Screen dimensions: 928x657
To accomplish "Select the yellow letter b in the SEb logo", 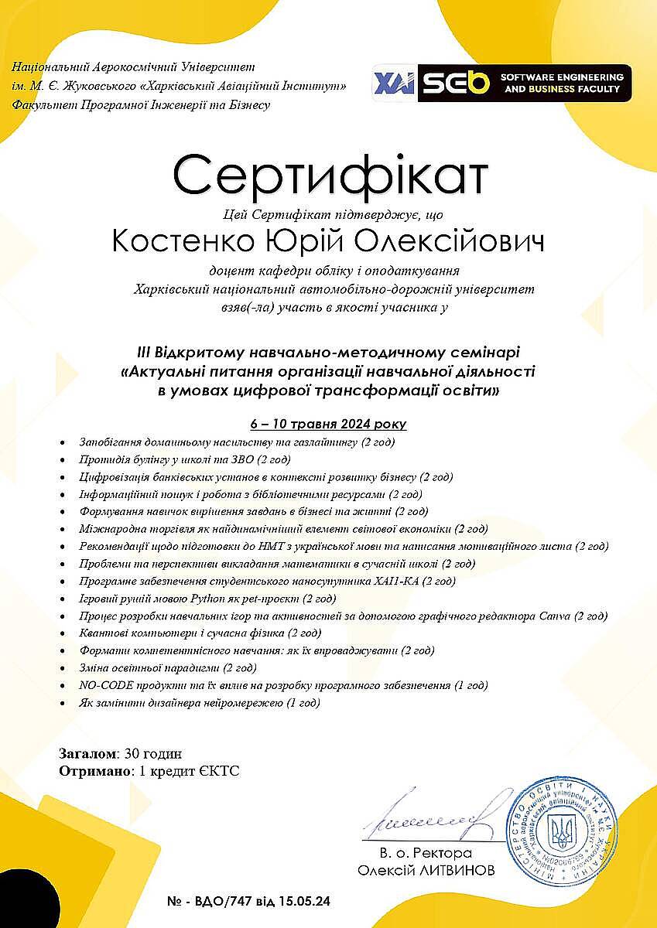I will [479, 83].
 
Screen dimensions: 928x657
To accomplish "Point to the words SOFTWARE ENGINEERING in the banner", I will [562, 77].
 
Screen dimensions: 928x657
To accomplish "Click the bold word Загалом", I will [87, 753].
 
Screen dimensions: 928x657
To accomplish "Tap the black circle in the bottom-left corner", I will [23, 905].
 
